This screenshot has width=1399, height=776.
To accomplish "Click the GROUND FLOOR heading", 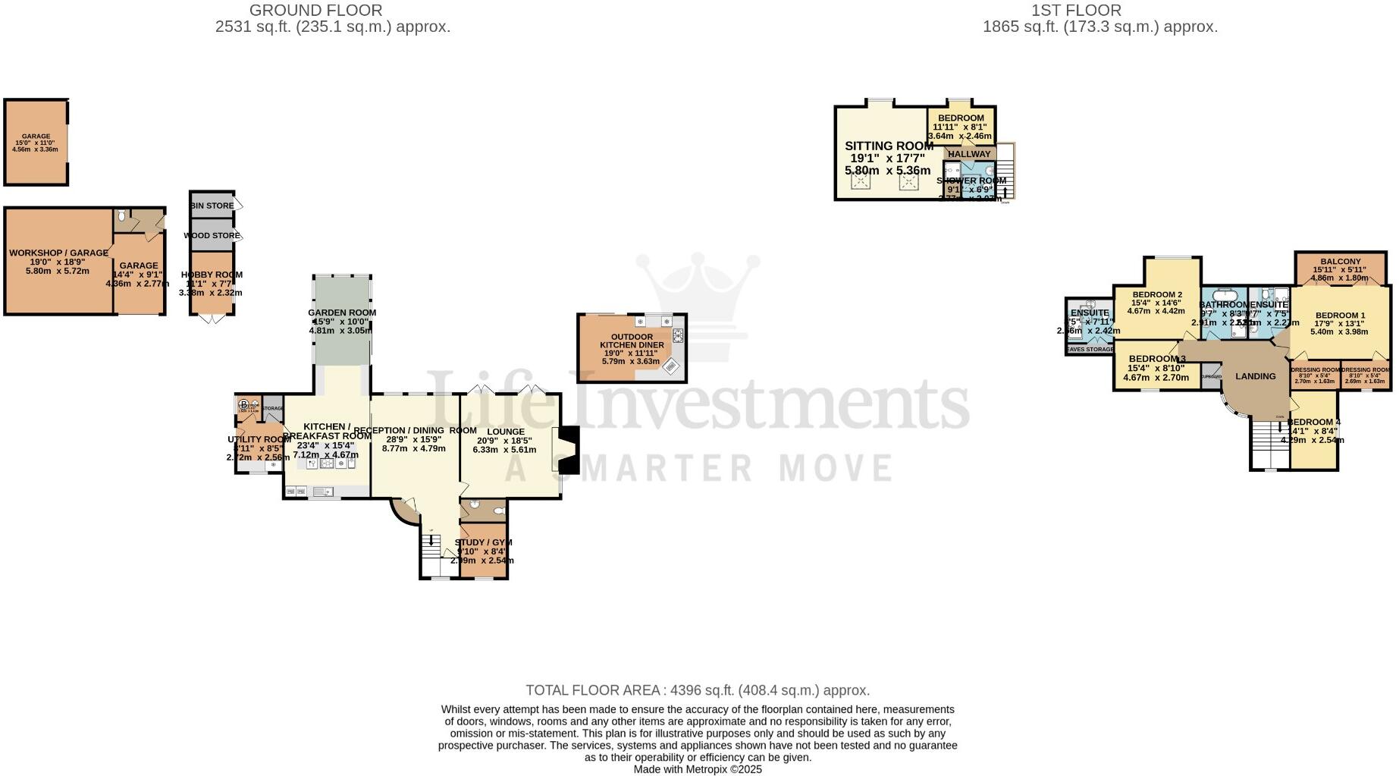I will pos(315,11).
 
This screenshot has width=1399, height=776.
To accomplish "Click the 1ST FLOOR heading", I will pos(1076,11).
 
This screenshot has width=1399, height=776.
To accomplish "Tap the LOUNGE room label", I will pos(506,432).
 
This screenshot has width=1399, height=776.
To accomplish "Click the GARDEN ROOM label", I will pos(342,313).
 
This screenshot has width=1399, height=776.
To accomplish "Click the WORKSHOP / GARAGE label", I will pos(58,253).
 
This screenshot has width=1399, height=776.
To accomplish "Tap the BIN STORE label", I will pos(212,206).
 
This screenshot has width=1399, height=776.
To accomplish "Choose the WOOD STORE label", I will pos(212,236).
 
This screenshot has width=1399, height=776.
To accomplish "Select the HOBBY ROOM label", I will pos(212,275).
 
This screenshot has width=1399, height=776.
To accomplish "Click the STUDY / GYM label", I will pos(483,542).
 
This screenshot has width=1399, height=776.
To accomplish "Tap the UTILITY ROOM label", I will pos(259,439).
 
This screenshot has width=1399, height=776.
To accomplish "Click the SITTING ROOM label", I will pos(889,146).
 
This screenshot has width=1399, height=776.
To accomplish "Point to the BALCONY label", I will pos(1340,262).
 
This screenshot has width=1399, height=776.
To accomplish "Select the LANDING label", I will pos(1255,376).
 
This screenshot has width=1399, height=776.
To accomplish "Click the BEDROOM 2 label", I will pos(1157,295).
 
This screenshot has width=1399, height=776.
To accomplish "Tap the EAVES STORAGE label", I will pos(1090,350).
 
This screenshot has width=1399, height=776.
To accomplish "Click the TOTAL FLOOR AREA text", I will pos(698,690).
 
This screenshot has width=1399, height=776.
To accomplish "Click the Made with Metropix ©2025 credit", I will pos(698,769).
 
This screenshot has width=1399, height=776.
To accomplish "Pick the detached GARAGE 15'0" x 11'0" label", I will pos(36,137).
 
